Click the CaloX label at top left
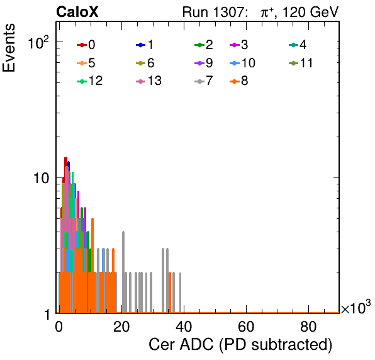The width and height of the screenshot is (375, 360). (x=77, y=12)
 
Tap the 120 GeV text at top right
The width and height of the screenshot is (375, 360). (x=311, y=12)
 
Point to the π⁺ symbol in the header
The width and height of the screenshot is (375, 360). (x=267, y=13)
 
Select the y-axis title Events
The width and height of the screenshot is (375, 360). (x=9, y=48)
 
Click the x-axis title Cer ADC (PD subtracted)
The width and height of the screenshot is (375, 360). (x=240, y=345)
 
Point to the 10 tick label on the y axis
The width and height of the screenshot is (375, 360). (x=41, y=178)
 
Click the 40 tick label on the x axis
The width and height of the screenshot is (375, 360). (x=184, y=327)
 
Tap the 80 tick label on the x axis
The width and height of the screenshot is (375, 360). (x=308, y=327)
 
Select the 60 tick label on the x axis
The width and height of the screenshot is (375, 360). (x=246, y=327)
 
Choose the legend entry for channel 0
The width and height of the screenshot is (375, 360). (x=86, y=45)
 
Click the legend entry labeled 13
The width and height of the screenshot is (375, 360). (x=148, y=81)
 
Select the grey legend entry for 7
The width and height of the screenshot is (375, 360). (x=204, y=81)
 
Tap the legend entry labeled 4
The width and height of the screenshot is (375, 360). (x=298, y=45)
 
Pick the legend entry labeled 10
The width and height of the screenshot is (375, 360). (x=242, y=63)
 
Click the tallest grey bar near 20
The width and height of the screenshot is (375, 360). (x=123, y=272)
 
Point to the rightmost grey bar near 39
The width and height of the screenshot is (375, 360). (x=180, y=293)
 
